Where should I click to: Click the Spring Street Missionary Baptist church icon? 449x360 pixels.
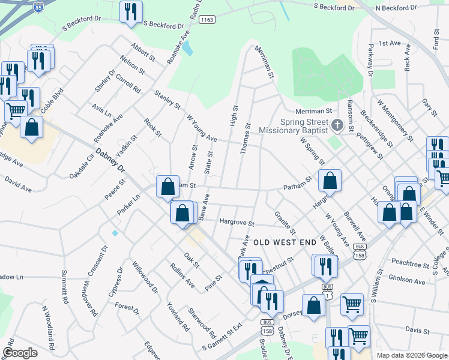point(337,126)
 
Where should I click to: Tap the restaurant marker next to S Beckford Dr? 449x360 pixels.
point(130,11)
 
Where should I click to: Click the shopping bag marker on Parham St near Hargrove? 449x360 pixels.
point(330,180)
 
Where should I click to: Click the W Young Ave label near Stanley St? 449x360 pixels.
point(202,129)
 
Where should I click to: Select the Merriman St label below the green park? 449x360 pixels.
point(313,111)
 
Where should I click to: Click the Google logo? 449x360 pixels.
point(20,352)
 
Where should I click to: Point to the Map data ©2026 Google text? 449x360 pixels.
point(412,355)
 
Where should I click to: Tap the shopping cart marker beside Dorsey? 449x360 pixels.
point(352,304)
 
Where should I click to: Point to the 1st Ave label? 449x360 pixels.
point(390,43)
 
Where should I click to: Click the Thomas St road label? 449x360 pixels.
point(246,139)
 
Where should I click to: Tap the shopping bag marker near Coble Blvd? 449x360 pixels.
point(31,127)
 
